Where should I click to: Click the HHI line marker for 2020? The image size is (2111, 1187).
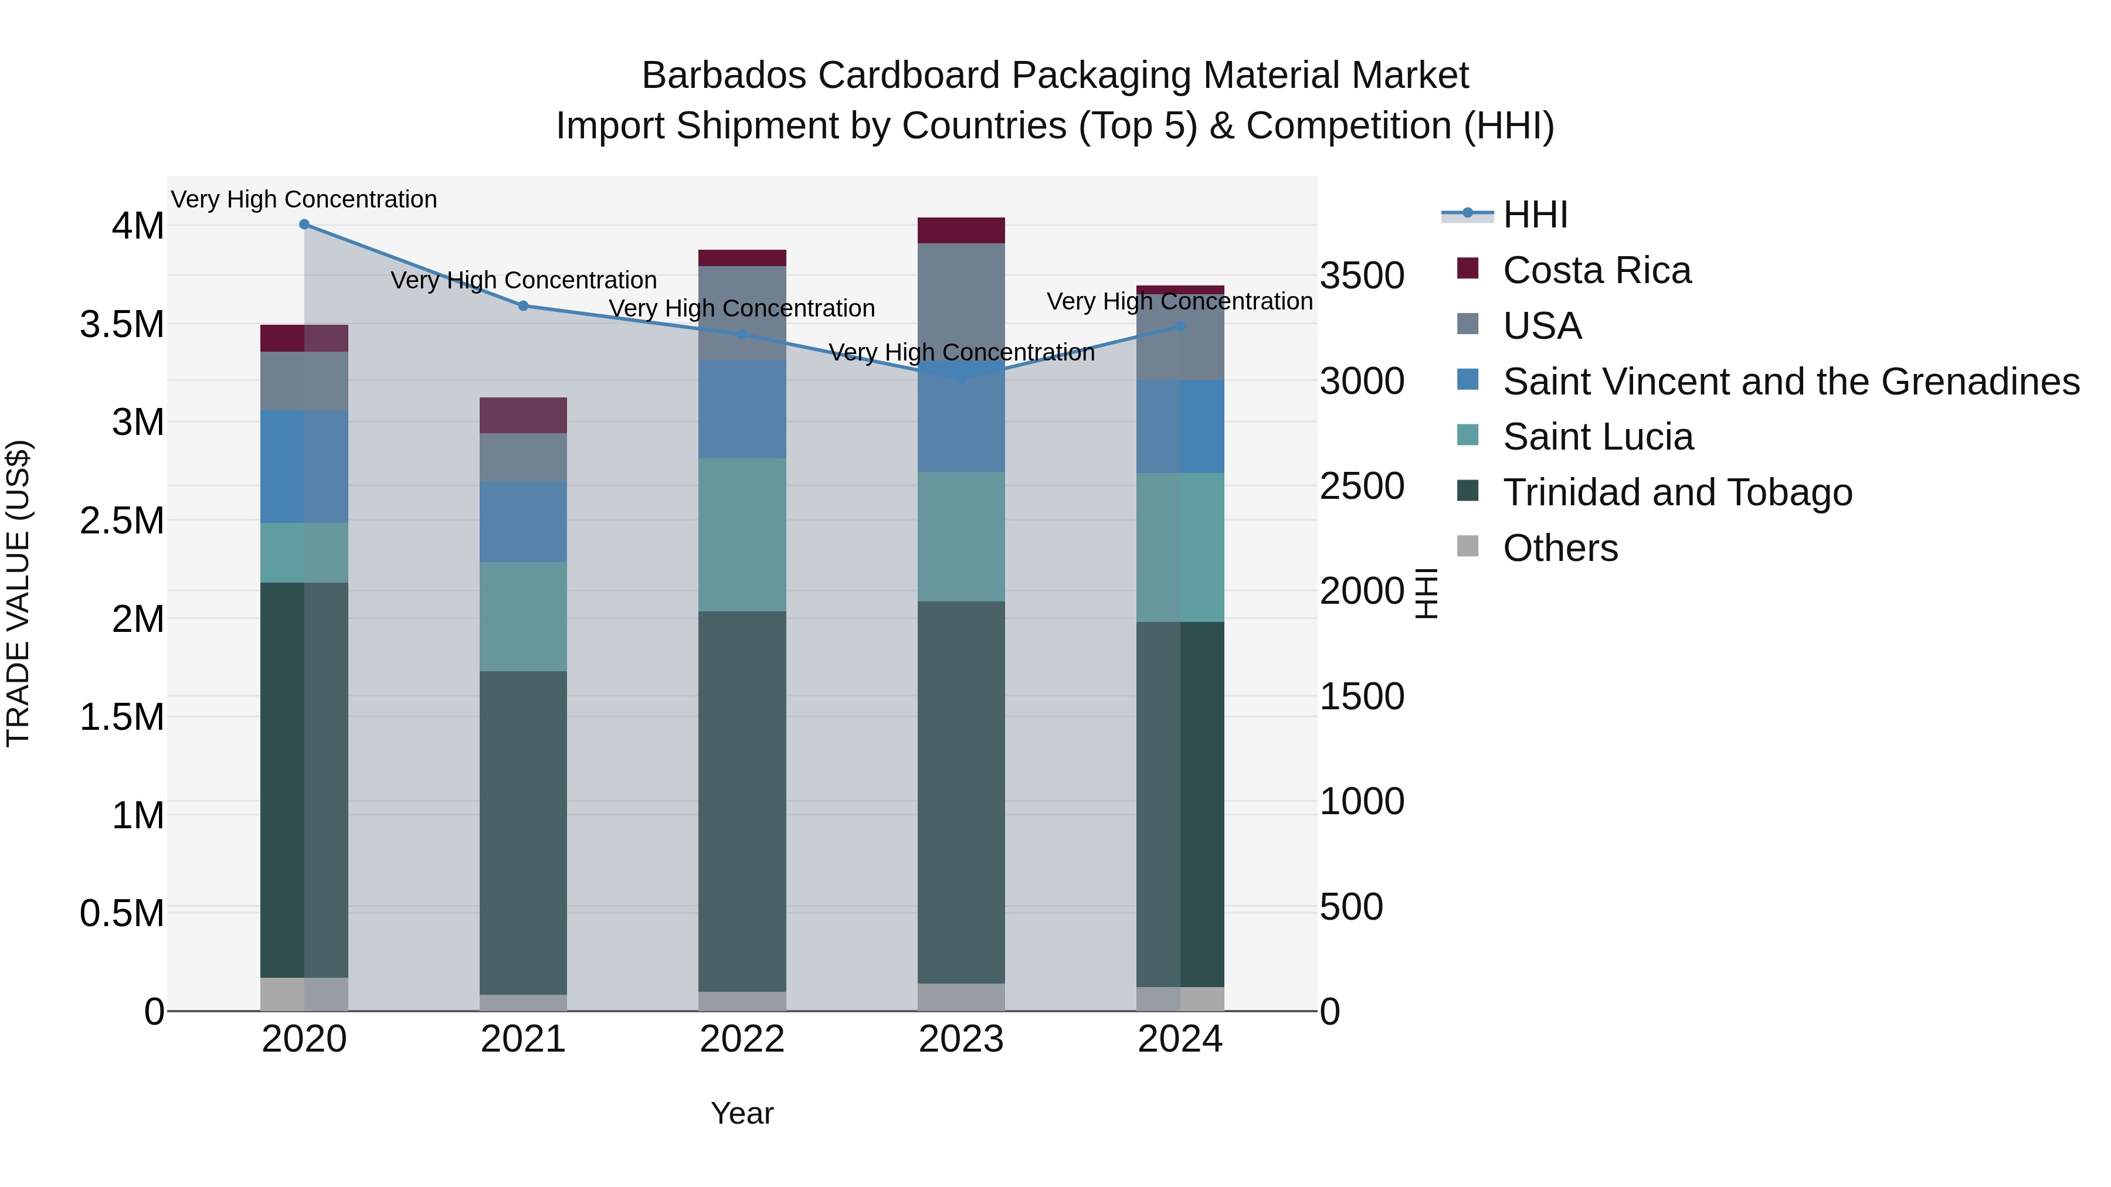coord(304,225)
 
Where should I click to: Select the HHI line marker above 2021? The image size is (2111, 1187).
coord(524,305)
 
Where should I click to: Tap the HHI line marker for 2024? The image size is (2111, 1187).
coord(1180,326)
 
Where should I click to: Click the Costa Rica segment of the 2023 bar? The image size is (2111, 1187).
coord(961,230)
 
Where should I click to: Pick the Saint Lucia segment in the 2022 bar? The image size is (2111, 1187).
coord(742,535)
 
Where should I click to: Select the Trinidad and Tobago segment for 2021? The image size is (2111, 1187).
coord(524,832)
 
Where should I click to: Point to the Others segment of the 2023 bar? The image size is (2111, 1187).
coord(961,997)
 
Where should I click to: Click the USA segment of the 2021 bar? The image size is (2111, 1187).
coord(524,457)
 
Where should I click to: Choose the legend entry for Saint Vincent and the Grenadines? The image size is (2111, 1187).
coord(1791,382)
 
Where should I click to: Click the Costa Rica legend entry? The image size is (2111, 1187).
coord(1596,270)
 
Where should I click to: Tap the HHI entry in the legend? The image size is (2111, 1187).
coord(1535,215)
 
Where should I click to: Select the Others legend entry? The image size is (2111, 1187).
coord(1559,548)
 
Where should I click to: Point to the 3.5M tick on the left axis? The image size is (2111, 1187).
coord(121,324)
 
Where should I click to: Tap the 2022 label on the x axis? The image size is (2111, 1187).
coord(742,1039)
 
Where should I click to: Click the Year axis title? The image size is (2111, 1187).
coord(742,1113)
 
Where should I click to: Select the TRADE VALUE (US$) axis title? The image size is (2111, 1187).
coord(18,593)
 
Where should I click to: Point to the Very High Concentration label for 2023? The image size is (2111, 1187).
coord(961,352)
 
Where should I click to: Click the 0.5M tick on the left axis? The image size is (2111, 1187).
coord(121,913)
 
